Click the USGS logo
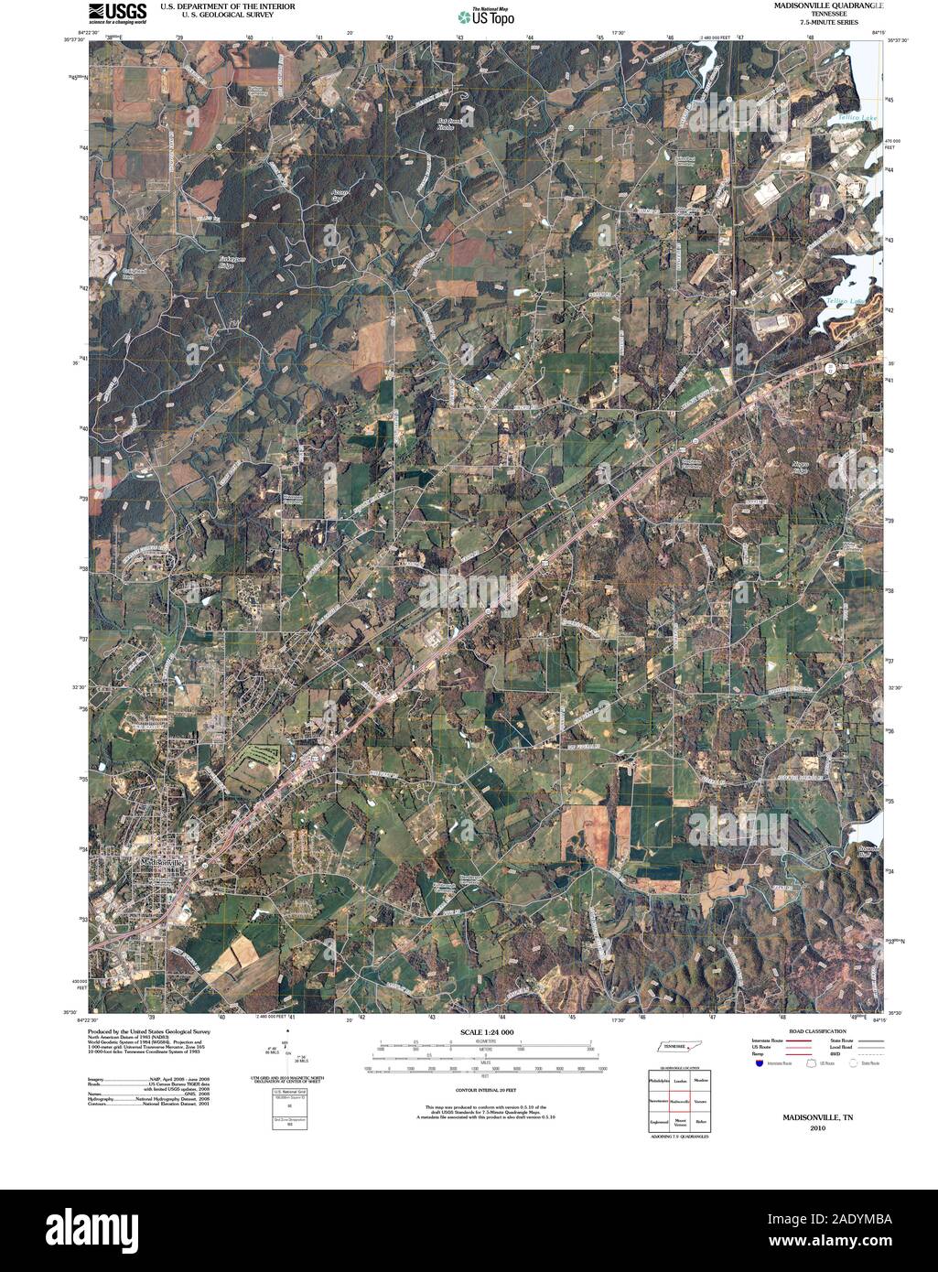pyautogui.click(x=116, y=11)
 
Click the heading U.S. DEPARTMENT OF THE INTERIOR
pyautogui.click(x=227, y=5)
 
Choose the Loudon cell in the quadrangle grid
pyautogui.click(x=680, y=1081)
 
